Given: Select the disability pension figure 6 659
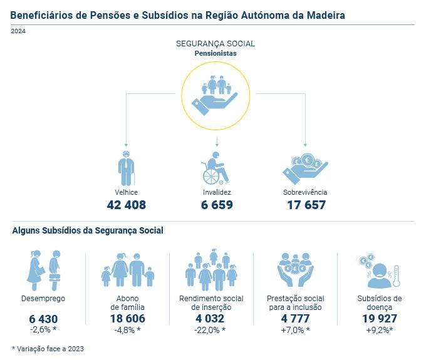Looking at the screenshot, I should point(217,205).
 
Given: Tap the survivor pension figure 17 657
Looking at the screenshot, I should point(306,205).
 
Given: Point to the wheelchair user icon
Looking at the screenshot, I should point(215,168).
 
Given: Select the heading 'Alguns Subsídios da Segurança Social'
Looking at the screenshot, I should point(88,230).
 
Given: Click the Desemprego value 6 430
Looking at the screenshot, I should point(43,319).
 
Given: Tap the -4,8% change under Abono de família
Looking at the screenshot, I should point(127,330).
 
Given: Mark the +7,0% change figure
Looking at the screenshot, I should point(295,330).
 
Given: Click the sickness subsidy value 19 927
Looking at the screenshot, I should point(378,319).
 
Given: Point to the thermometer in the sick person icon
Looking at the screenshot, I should point(394,275).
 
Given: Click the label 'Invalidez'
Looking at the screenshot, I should point(216,192).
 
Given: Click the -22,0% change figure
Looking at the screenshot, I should point(210,330).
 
